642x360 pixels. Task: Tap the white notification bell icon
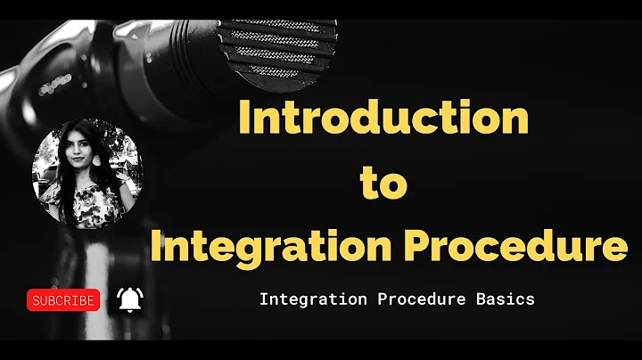click(x=129, y=299)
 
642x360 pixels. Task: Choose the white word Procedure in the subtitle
click(x=415, y=299)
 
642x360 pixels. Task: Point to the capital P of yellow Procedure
click(x=411, y=244)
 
